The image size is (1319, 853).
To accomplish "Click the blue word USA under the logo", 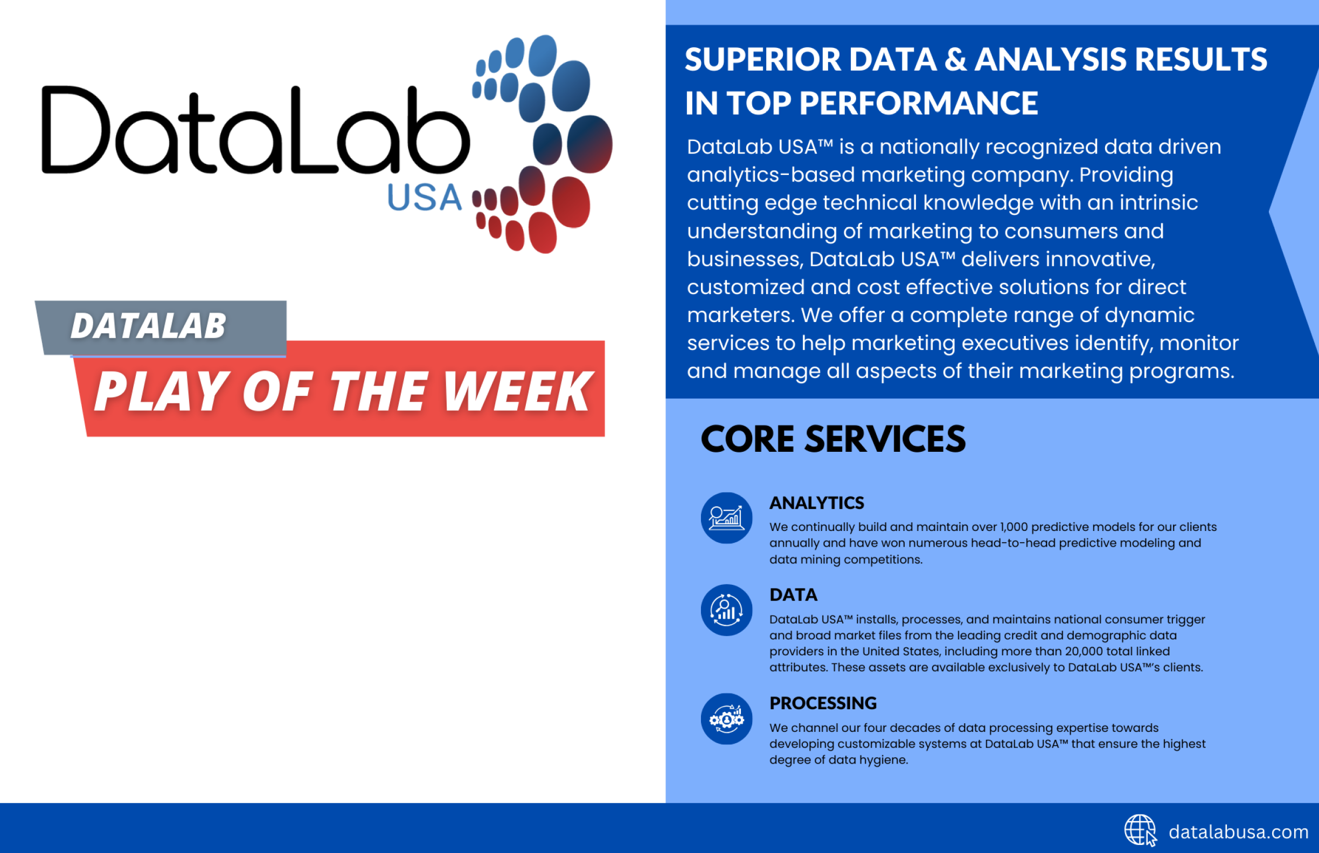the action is (425, 197).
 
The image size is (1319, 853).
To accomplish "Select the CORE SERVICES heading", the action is (833, 439).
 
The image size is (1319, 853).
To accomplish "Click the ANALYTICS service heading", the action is (816, 503).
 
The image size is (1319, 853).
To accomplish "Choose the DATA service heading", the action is (793, 595).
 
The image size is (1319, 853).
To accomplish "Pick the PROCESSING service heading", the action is (823, 703).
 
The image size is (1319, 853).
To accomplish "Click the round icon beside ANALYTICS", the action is (726, 518).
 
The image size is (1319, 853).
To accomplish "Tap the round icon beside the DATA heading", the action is (726, 610).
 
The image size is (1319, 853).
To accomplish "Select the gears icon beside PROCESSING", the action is (726, 719).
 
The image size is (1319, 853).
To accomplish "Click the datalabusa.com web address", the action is (1238, 832).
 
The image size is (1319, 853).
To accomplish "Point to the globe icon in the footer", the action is (1140, 830).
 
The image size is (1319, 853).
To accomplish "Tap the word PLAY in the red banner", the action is (161, 391).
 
